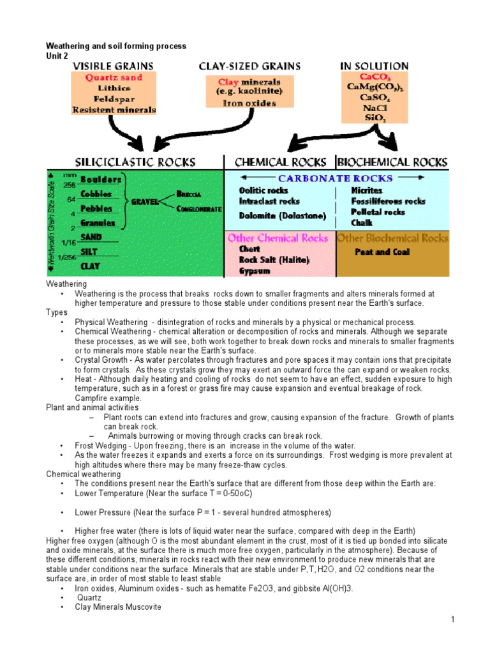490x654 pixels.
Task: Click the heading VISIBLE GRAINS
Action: [114, 66]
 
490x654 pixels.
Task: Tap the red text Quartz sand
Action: [114, 77]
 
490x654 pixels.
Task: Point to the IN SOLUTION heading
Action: [374, 66]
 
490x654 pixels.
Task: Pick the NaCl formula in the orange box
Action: [374, 108]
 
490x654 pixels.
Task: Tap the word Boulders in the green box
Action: [101, 180]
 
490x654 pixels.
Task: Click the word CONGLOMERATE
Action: [200, 209]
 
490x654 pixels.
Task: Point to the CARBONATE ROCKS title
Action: [335, 179]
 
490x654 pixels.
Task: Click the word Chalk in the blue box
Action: [362, 223]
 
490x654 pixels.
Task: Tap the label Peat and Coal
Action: [382, 252]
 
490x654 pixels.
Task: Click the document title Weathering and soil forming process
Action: [115, 47]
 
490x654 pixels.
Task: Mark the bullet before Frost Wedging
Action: [63, 446]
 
